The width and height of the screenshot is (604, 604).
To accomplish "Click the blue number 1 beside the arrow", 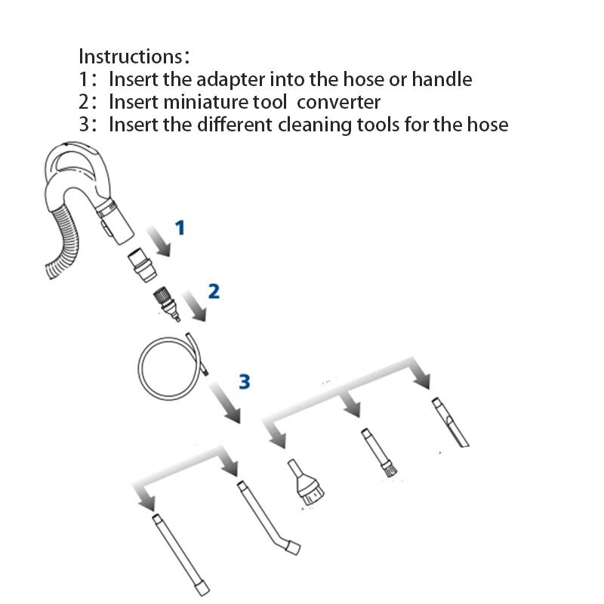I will click(180, 226).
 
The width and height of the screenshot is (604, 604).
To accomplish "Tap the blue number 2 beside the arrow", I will click(214, 291).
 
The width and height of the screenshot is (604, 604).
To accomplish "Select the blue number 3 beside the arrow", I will click(243, 381).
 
